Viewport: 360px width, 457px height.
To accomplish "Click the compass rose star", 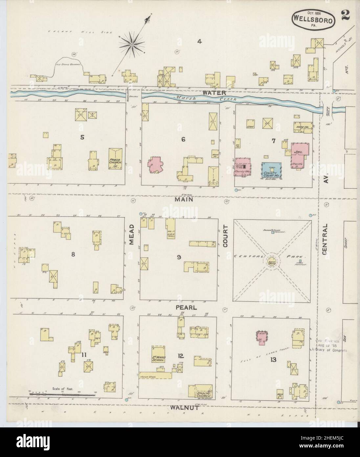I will tap(131, 44).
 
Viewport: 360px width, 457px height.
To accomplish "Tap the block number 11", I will tap(84, 355).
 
